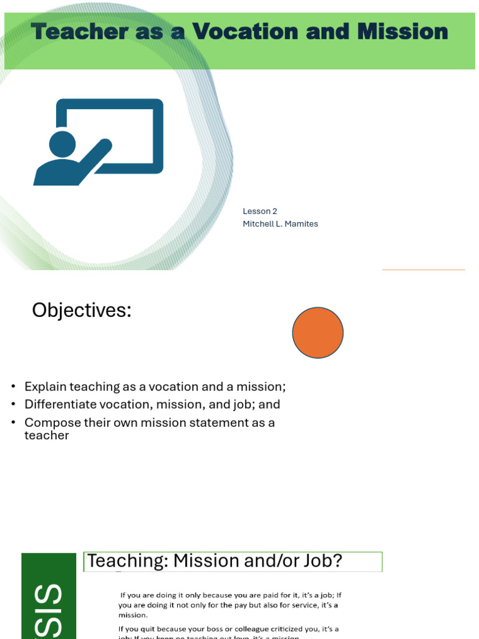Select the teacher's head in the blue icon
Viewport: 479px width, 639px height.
tap(62, 144)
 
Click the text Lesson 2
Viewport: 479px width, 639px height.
tap(260, 211)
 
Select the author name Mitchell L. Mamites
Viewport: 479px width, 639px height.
tap(280, 223)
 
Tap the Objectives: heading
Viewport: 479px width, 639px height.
tap(82, 310)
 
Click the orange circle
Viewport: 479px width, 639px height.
tap(318, 333)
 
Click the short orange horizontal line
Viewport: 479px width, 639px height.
tap(423, 270)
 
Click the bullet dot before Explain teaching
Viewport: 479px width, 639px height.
tap(13, 387)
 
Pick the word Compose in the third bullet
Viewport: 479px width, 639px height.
tap(50, 422)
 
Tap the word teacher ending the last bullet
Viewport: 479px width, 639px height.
tap(46, 436)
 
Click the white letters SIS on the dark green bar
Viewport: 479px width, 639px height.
tap(49, 612)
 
